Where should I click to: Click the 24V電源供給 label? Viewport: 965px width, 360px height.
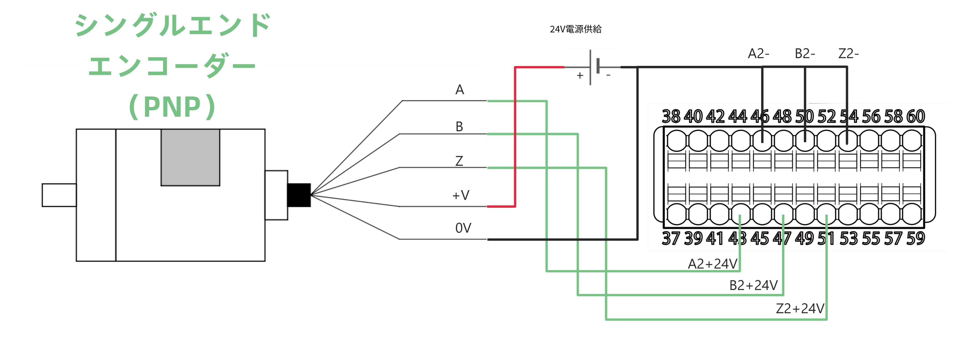click(575, 29)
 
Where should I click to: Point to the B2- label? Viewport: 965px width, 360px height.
click(805, 54)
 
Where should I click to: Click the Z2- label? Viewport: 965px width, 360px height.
click(848, 54)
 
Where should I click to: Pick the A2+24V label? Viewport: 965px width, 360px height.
click(713, 264)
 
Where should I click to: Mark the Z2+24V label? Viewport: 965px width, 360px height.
click(800, 309)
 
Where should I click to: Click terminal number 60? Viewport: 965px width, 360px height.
click(916, 117)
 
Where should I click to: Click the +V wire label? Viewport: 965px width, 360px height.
click(461, 195)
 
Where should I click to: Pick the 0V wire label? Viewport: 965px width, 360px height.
click(463, 228)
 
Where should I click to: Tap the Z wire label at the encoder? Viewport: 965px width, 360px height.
click(459, 161)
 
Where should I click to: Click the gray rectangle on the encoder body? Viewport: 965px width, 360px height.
click(190, 157)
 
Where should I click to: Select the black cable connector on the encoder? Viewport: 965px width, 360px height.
click(299, 195)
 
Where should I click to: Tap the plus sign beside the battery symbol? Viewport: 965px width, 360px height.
click(580, 76)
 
